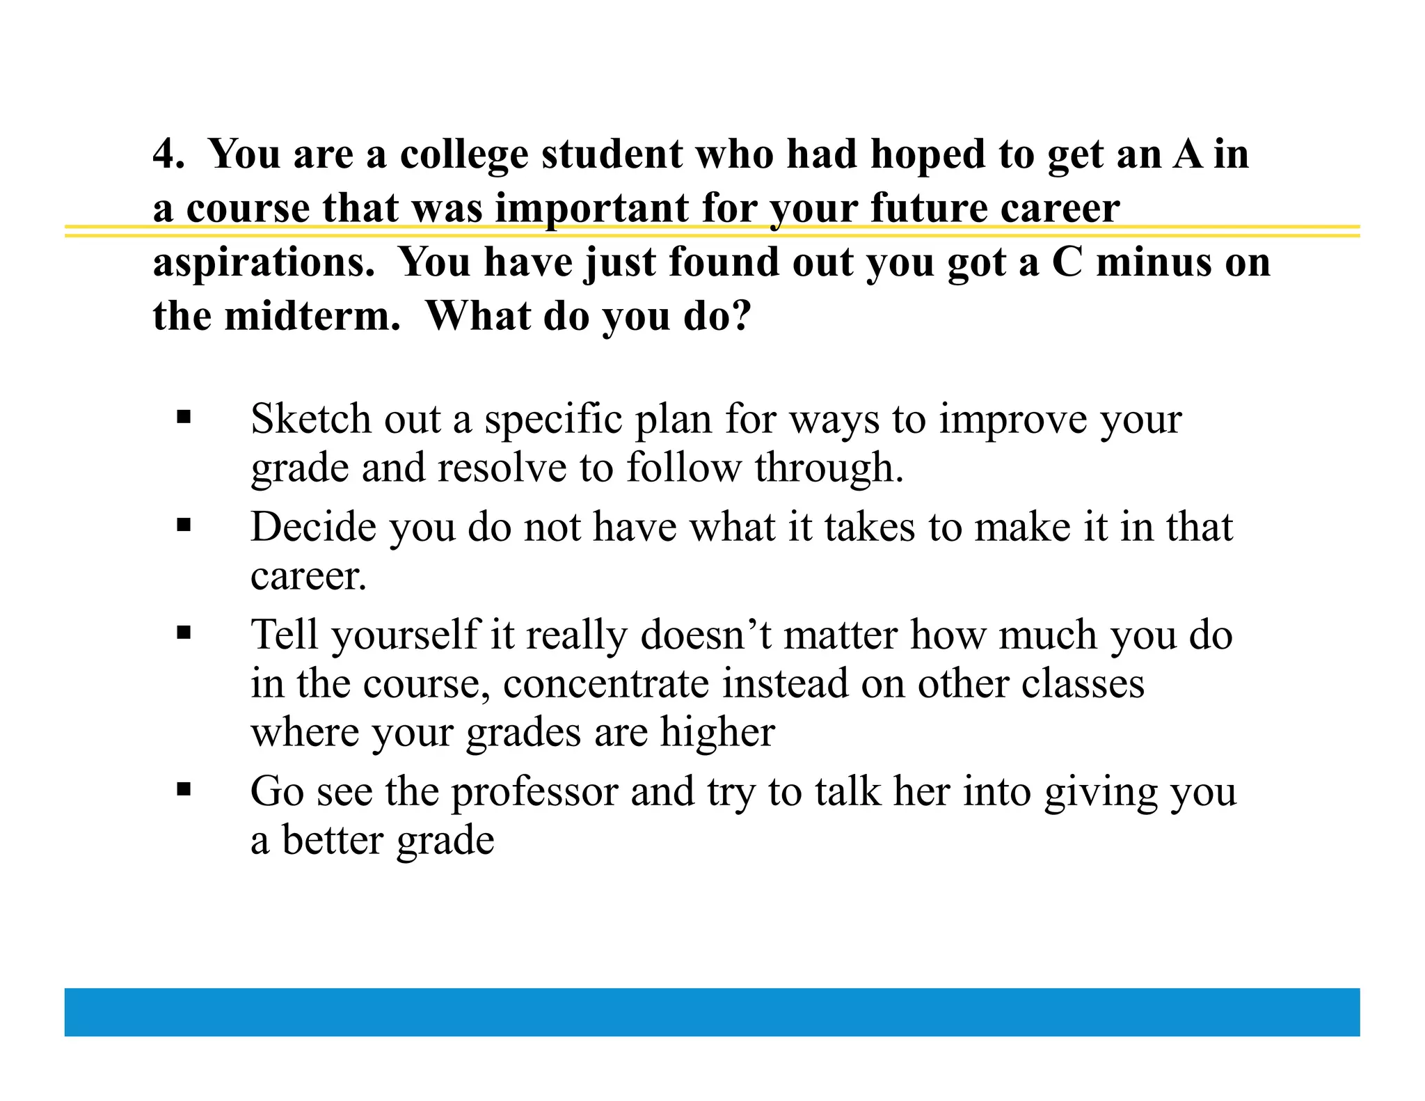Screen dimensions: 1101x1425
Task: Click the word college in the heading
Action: (464, 155)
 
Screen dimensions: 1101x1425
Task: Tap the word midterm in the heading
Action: (312, 317)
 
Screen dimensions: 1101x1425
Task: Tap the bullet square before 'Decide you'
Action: (184, 525)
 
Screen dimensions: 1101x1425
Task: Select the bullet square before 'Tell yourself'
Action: (184, 633)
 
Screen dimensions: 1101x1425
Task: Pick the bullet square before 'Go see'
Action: (184, 789)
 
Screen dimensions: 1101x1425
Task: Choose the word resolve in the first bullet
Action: (502, 468)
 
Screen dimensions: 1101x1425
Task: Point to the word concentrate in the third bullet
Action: (605, 683)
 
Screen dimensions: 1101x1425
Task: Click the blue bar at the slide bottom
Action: (712, 1011)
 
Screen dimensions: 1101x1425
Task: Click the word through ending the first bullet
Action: (829, 468)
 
